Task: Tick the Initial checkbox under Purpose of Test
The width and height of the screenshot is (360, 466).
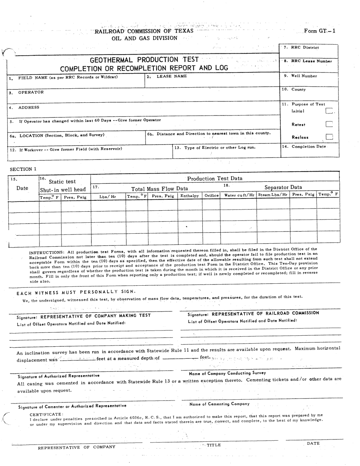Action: (329, 111)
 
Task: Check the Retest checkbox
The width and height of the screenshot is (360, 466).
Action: (329, 124)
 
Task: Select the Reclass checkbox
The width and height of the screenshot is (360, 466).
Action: (329, 137)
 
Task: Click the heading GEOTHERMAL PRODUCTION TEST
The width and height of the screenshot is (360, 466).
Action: (144, 60)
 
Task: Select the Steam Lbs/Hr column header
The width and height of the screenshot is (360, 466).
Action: (273, 195)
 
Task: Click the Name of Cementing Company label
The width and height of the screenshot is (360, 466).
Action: (219, 404)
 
